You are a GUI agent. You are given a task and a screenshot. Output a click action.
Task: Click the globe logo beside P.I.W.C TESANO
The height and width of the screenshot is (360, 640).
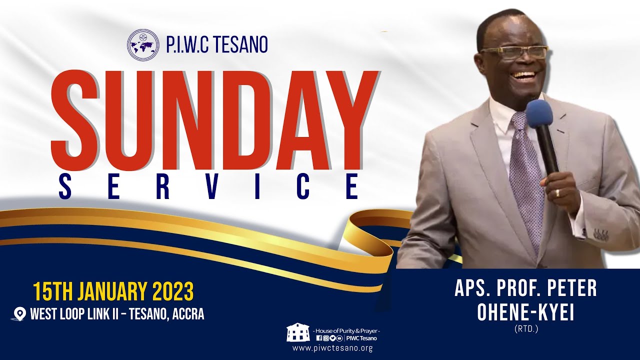pos(143,45)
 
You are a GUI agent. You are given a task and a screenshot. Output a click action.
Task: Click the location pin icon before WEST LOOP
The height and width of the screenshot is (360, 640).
pos(20,314)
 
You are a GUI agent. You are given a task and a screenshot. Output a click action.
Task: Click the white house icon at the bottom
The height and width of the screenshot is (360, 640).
pos(298,332)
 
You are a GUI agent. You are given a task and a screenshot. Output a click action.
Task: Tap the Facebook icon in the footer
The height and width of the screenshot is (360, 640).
pos(319,338)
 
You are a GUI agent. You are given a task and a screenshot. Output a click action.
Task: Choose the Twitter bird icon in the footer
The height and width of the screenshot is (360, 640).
pos(332,338)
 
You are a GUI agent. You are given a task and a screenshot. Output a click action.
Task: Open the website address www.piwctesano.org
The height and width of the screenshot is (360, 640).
pos(332,348)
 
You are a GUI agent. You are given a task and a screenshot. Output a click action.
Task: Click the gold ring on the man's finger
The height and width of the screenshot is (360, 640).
pos(558,192)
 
